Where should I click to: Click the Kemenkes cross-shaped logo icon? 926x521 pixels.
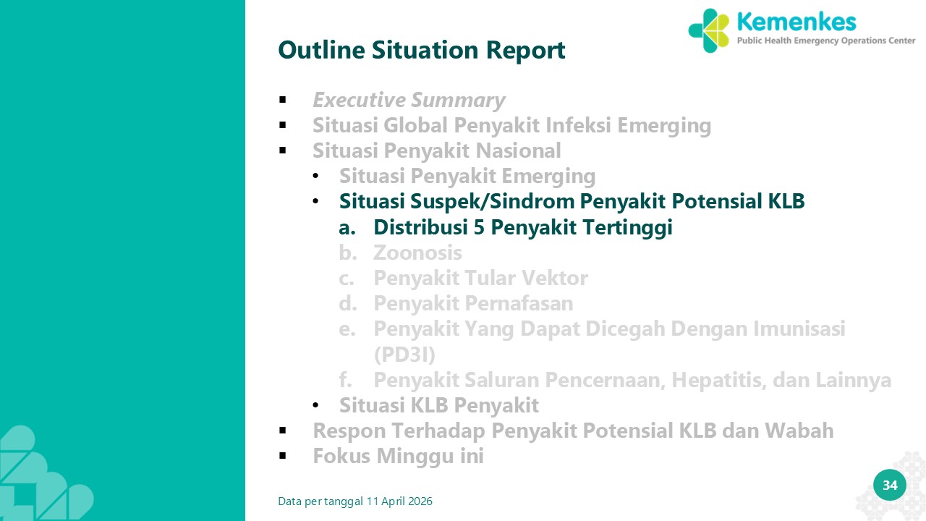(708, 30)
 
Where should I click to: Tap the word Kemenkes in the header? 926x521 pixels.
(797, 22)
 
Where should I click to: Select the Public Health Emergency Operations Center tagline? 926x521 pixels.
(826, 41)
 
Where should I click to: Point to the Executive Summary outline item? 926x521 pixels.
(409, 100)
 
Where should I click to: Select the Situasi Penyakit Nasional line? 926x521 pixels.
(436, 151)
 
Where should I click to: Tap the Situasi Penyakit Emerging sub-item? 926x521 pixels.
(467, 176)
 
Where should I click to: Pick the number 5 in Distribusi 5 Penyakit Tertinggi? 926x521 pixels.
(479, 227)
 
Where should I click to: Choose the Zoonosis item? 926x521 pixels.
(417, 253)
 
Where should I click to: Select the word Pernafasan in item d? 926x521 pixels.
(522, 303)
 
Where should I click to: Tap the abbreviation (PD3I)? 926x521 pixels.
(404, 355)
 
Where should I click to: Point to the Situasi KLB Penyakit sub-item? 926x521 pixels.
(438, 405)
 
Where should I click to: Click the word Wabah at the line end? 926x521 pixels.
(799, 431)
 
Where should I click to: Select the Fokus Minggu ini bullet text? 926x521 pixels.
(398, 456)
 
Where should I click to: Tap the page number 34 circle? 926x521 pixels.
(890, 485)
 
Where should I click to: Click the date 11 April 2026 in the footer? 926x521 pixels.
(399, 501)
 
